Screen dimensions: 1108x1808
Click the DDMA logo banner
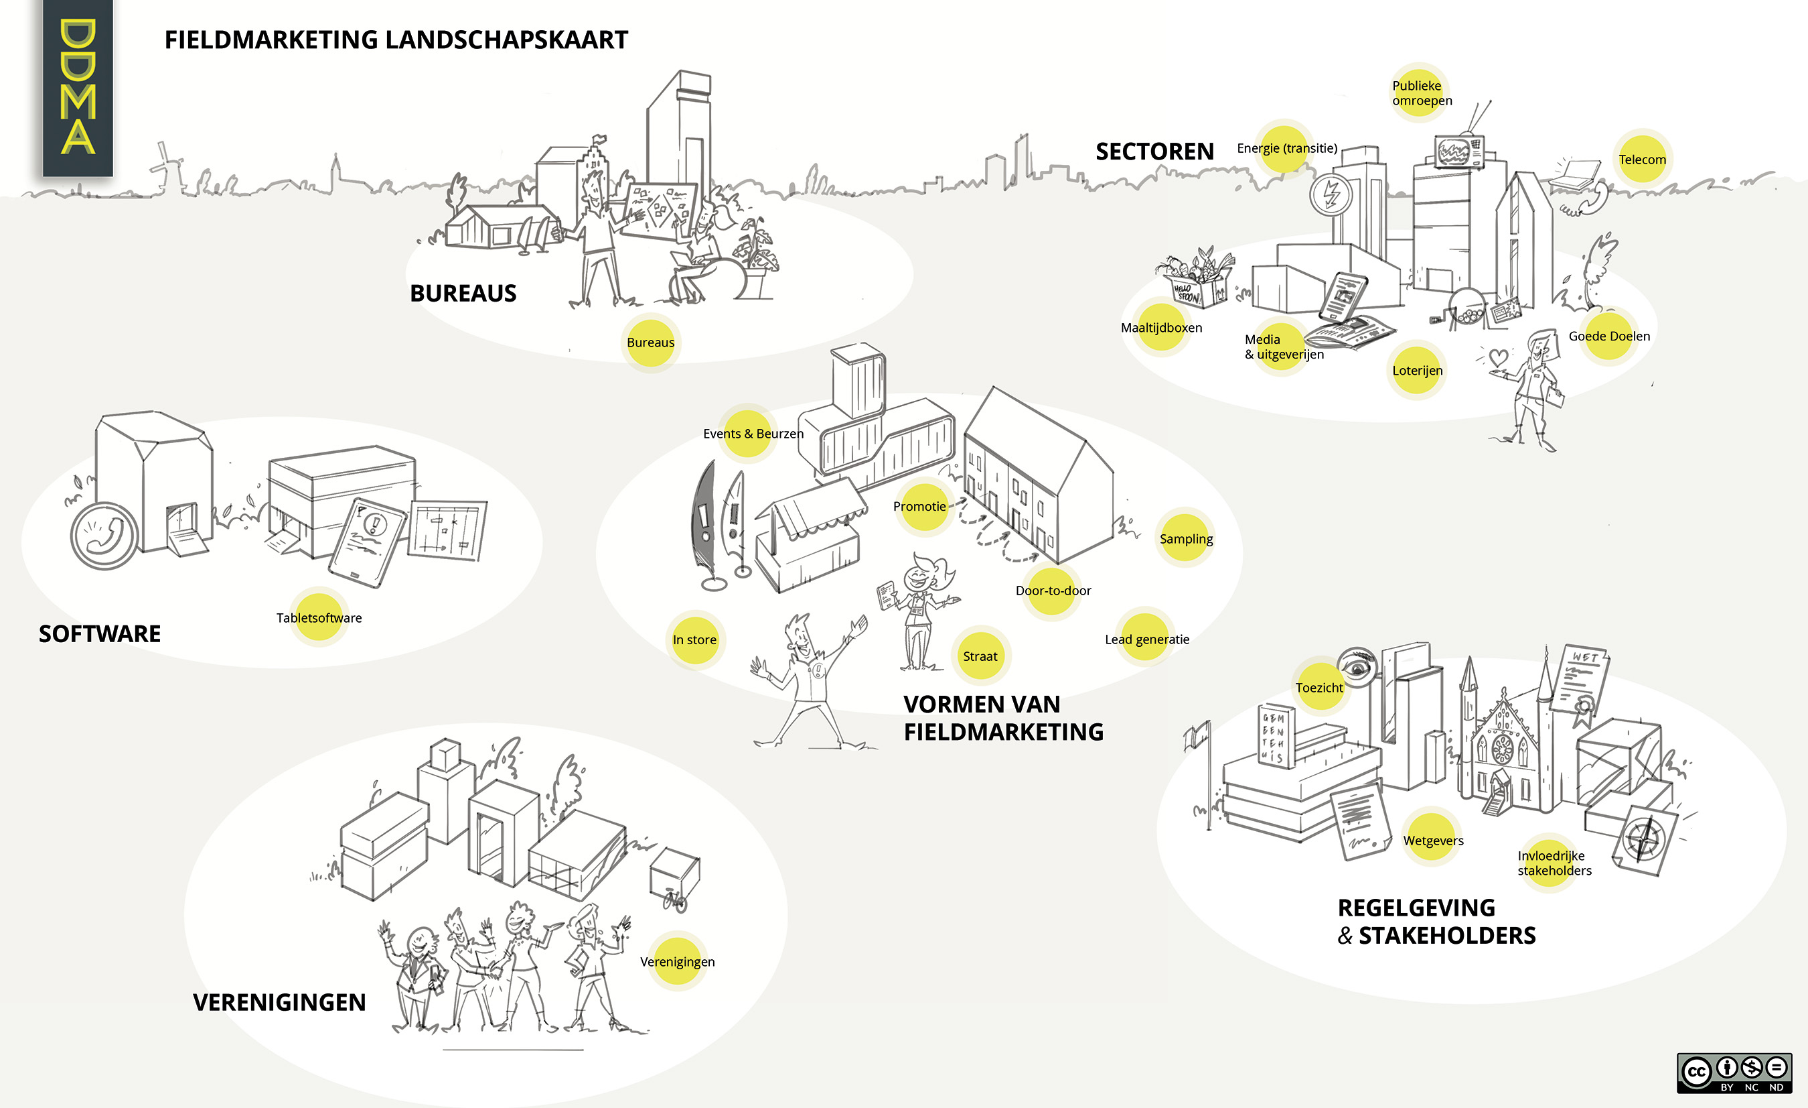[78, 88]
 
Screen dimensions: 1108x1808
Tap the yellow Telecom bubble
[1642, 160]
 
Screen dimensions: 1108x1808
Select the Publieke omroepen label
[1422, 93]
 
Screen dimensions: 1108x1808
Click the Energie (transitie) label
[1286, 148]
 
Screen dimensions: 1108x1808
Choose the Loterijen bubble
[1417, 371]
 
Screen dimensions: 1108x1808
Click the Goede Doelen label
[1608, 336]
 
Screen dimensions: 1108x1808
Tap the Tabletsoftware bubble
[319, 617]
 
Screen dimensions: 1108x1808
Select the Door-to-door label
[1053, 591]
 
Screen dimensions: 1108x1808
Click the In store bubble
[694, 639]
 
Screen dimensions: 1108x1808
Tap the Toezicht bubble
[1319, 687]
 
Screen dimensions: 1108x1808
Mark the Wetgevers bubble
[1432, 840]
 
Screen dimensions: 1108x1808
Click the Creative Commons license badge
[1734, 1072]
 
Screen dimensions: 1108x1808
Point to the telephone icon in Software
[104, 536]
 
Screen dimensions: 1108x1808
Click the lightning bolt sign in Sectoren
[1331, 194]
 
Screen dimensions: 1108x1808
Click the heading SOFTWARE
[100, 633]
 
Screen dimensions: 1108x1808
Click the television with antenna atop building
[1460, 151]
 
